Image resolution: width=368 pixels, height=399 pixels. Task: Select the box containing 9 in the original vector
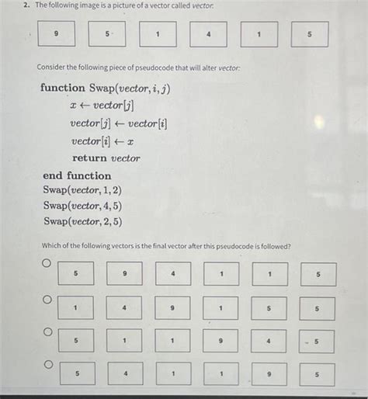tap(57, 35)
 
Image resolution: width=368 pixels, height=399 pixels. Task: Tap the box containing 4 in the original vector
tap(209, 35)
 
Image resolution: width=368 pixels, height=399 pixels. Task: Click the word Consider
tap(54, 68)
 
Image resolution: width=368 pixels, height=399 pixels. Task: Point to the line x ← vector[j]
tap(102, 106)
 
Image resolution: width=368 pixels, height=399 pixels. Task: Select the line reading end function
tap(77, 175)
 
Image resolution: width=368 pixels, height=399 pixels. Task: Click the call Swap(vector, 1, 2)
tap(82, 190)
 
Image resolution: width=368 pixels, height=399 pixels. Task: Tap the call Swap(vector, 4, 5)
tap(82, 206)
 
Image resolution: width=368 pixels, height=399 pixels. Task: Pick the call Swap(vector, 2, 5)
tap(82, 221)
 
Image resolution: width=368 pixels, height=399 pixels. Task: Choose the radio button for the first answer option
tap(47, 265)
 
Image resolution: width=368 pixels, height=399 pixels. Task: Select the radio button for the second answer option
tap(47, 299)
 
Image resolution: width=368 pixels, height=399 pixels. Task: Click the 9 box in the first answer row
tap(124, 274)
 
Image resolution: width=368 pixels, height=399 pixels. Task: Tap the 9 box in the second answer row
tap(173, 308)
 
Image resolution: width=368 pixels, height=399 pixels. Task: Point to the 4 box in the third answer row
tap(269, 342)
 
